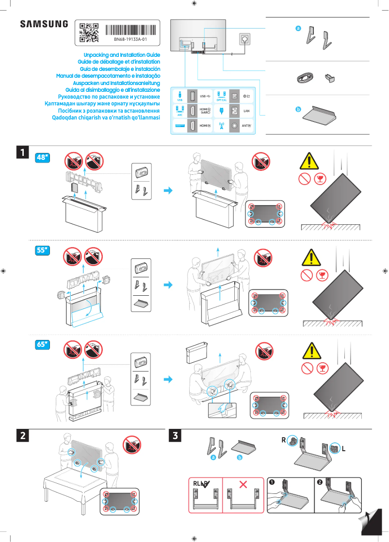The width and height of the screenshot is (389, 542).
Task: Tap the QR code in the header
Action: tap(89, 32)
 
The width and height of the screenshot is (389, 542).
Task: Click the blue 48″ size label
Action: tap(44, 157)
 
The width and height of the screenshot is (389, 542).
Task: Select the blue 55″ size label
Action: tap(44, 251)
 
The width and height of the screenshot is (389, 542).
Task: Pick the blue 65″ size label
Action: tap(44, 344)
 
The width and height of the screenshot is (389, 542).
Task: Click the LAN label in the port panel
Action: tap(246, 111)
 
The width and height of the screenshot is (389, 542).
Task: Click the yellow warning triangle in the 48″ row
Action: tap(308, 160)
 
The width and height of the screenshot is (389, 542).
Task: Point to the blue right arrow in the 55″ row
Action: tap(168, 285)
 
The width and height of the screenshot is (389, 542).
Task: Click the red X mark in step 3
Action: tap(243, 484)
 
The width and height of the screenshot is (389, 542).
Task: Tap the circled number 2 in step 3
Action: tap(320, 482)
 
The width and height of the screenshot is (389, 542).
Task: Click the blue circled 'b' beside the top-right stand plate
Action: tap(299, 109)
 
